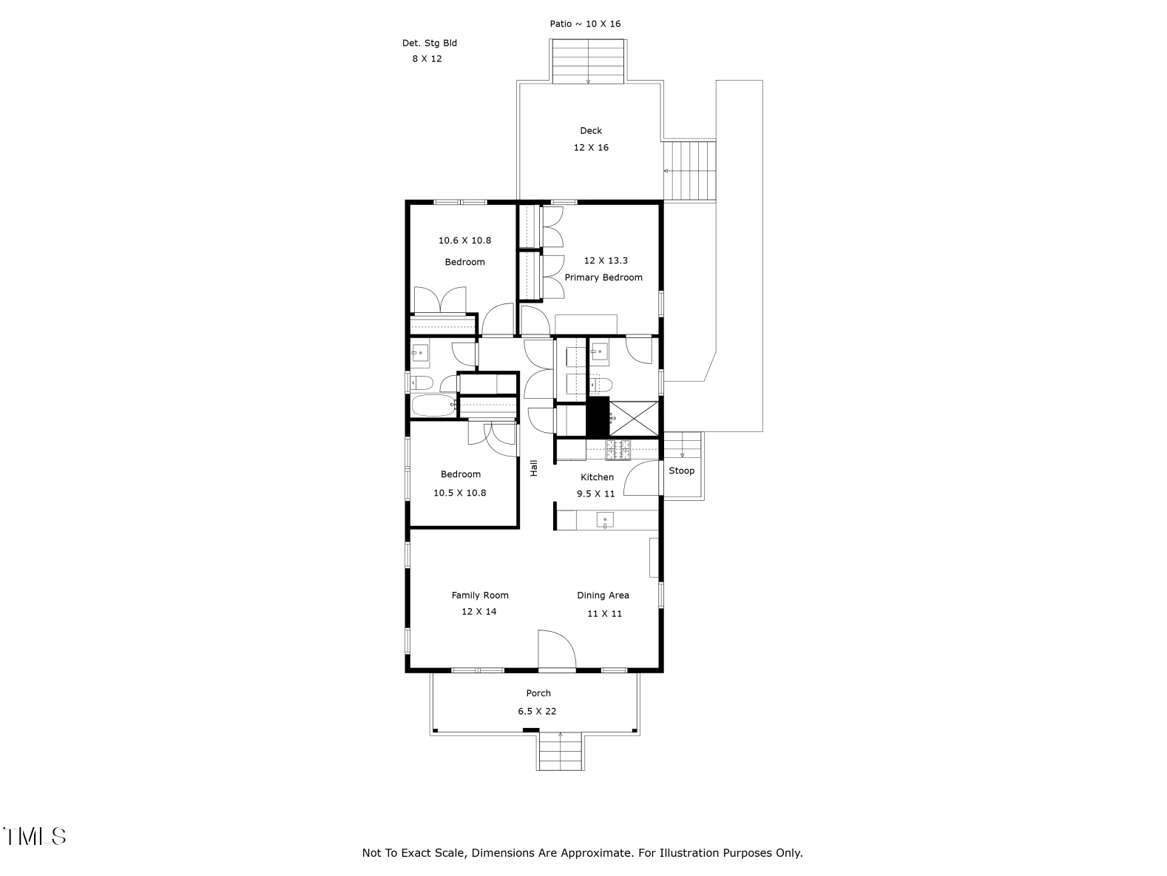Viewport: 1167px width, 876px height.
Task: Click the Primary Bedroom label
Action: [x=603, y=277]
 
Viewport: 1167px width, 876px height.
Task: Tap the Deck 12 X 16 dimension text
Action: [x=591, y=147]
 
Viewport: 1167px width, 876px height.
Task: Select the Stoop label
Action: [x=681, y=471]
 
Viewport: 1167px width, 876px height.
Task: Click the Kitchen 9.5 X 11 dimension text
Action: [x=596, y=493]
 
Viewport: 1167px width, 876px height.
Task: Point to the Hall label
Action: [x=533, y=468]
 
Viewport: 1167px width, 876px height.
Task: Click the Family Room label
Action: [x=480, y=595]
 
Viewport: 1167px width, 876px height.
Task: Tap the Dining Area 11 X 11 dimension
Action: [x=604, y=613]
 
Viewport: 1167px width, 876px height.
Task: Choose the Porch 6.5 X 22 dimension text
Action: [x=537, y=711]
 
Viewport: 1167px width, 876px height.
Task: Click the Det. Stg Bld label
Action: [x=429, y=43]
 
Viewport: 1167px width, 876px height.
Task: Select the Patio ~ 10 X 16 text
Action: [x=585, y=24]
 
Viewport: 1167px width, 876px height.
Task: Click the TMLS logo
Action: [x=35, y=836]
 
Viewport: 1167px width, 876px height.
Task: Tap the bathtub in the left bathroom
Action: [x=433, y=405]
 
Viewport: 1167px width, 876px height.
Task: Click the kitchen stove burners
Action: [x=617, y=445]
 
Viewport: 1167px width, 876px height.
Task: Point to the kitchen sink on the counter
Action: [x=605, y=521]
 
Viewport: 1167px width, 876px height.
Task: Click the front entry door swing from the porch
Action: [x=556, y=650]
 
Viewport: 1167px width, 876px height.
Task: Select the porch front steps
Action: [x=560, y=752]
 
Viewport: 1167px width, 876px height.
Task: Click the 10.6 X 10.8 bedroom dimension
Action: [x=464, y=240]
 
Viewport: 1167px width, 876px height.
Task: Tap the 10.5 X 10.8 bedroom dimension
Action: [x=459, y=492]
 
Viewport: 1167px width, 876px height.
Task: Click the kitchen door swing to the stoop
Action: [x=641, y=478]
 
